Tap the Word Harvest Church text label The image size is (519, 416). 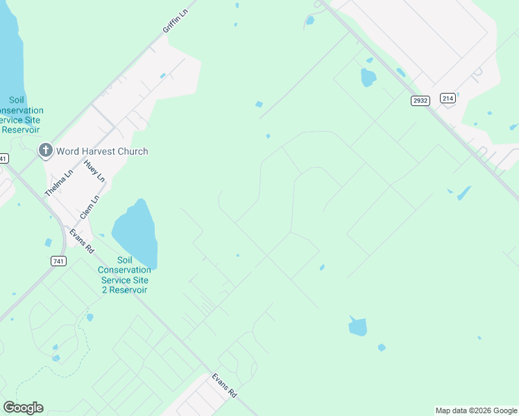pyautogui.click(x=103, y=151)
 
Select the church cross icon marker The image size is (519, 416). pyautogui.click(x=46, y=150)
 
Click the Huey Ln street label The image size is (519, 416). pyautogui.click(x=94, y=171)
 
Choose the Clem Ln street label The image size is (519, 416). pyautogui.click(x=90, y=207)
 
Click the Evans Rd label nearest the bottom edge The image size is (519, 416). pyautogui.click(x=224, y=385)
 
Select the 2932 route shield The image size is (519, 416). pyautogui.click(x=420, y=101)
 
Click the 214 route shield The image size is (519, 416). pyautogui.click(x=448, y=98)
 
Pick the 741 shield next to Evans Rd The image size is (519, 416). pyautogui.click(x=59, y=261)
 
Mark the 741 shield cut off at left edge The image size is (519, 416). pyautogui.click(x=3, y=158)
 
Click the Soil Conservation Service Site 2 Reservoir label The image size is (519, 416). pyautogui.click(x=124, y=275)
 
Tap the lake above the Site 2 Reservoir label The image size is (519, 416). pyautogui.click(x=137, y=231)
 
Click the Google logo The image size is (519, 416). pyautogui.click(x=23, y=408)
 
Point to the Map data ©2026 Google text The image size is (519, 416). pyautogui.click(x=476, y=410)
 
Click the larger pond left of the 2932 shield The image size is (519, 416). pyautogui.click(x=368, y=77)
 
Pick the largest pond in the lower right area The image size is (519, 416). pyautogui.click(x=357, y=326)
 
